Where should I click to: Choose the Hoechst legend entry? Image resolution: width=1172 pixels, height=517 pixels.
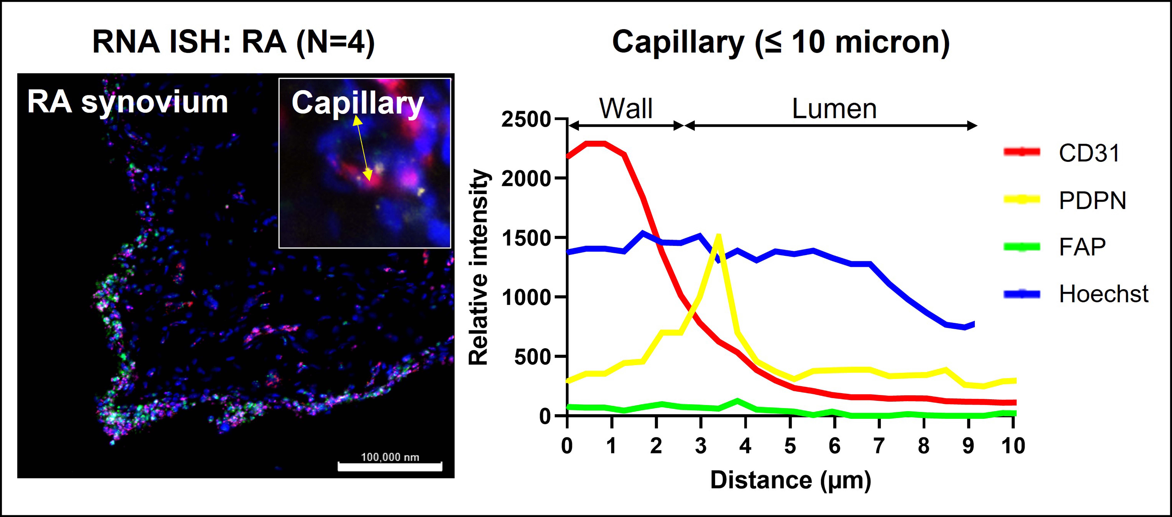1103,294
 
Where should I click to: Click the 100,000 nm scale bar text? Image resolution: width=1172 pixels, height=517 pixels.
390,457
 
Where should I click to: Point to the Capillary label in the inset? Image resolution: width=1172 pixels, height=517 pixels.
358,103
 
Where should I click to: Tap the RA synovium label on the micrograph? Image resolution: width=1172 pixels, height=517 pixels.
127,102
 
